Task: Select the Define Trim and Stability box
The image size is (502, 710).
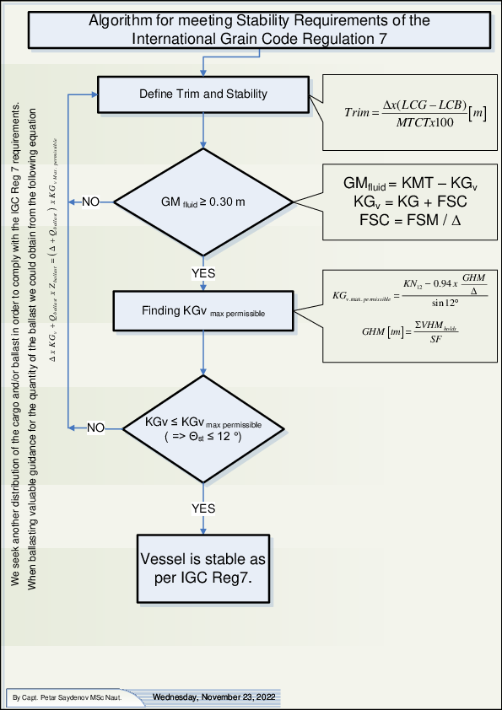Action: (203, 93)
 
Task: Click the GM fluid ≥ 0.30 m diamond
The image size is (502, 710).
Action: (203, 202)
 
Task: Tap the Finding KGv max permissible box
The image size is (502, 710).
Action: (203, 311)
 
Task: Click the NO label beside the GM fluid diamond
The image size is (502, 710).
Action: (90, 202)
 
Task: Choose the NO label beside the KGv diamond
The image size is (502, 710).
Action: (95, 428)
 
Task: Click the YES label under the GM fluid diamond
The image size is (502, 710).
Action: (203, 273)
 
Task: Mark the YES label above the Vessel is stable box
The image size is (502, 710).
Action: (203, 508)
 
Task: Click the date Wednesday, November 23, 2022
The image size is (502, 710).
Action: (212, 697)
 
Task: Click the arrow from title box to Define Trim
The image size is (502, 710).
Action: (203, 63)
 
